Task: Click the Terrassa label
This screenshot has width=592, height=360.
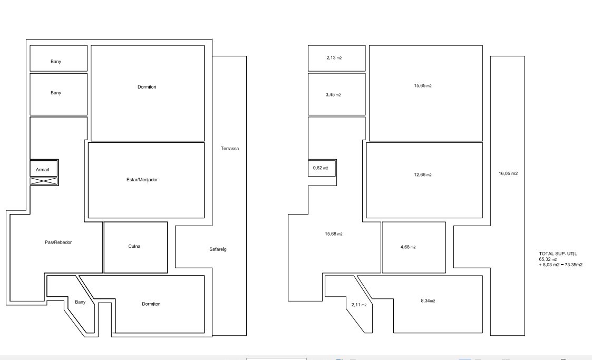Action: [x=229, y=148]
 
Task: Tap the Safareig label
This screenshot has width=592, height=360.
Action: [x=218, y=249]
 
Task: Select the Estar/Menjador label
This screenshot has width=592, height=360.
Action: [x=142, y=180]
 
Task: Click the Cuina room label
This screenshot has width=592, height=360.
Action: [x=134, y=246]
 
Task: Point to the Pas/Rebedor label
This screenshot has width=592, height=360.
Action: [x=58, y=242]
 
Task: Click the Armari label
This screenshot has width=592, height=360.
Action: [x=43, y=170]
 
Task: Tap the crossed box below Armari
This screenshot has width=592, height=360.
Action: [x=44, y=181]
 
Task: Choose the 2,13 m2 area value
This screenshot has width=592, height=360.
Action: [x=334, y=58]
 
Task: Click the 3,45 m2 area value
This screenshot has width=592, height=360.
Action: [x=333, y=95]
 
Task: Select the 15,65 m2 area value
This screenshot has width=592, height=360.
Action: [x=423, y=86]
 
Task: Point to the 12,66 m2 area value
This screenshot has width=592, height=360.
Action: [x=423, y=174]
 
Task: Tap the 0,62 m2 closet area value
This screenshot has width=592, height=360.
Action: [x=321, y=168]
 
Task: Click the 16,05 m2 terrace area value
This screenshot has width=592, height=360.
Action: [x=508, y=173]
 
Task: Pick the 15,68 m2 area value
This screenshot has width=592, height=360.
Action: [x=334, y=234]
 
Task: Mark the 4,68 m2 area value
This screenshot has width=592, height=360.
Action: [x=408, y=247]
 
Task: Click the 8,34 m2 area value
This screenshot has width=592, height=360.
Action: [x=428, y=301]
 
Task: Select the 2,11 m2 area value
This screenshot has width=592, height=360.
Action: [x=359, y=305]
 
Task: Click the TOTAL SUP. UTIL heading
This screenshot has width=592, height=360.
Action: [x=558, y=254]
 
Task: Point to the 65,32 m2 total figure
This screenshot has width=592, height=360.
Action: [x=548, y=259]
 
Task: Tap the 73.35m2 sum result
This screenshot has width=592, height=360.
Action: [x=574, y=265]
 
